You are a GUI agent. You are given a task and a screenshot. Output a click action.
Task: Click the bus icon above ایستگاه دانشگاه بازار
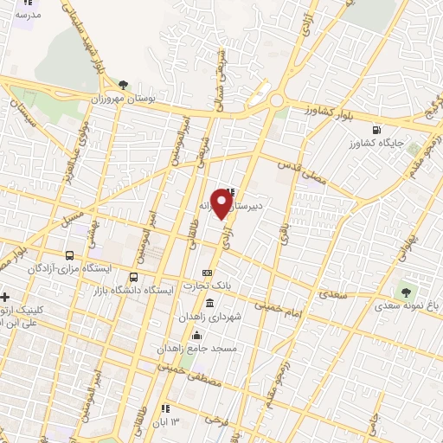[133, 278]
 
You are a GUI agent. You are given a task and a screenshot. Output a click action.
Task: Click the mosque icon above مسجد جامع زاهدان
[198, 334]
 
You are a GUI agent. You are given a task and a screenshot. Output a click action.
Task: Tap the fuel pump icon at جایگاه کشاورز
[375, 132]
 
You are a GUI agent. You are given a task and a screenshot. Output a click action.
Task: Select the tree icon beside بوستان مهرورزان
[124, 86]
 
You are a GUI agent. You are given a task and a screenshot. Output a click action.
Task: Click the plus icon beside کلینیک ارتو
[6, 297]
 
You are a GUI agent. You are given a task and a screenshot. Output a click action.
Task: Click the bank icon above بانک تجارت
[207, 273]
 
